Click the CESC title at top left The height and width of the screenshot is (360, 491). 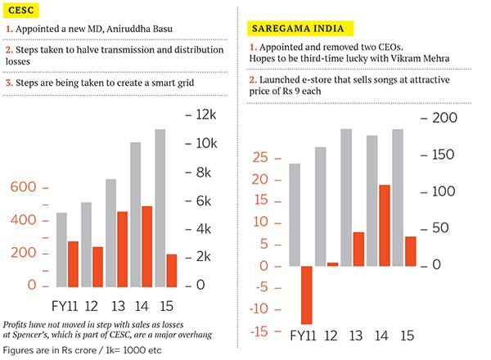click(x=20, y=10)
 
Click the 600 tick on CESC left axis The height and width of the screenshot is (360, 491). click(x=22, y=187)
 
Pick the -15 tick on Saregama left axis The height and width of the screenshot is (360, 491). click(x=258, y=331)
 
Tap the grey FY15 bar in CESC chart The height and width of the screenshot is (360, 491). click(x=160, y=208)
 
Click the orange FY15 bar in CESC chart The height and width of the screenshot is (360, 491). click(x=171, y=270)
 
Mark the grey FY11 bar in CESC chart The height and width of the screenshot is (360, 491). click(x=61, y=249)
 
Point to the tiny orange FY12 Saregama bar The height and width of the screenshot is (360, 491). click(x=332, y=264)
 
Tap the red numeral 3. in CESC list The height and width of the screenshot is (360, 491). click(x=9, y=82)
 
